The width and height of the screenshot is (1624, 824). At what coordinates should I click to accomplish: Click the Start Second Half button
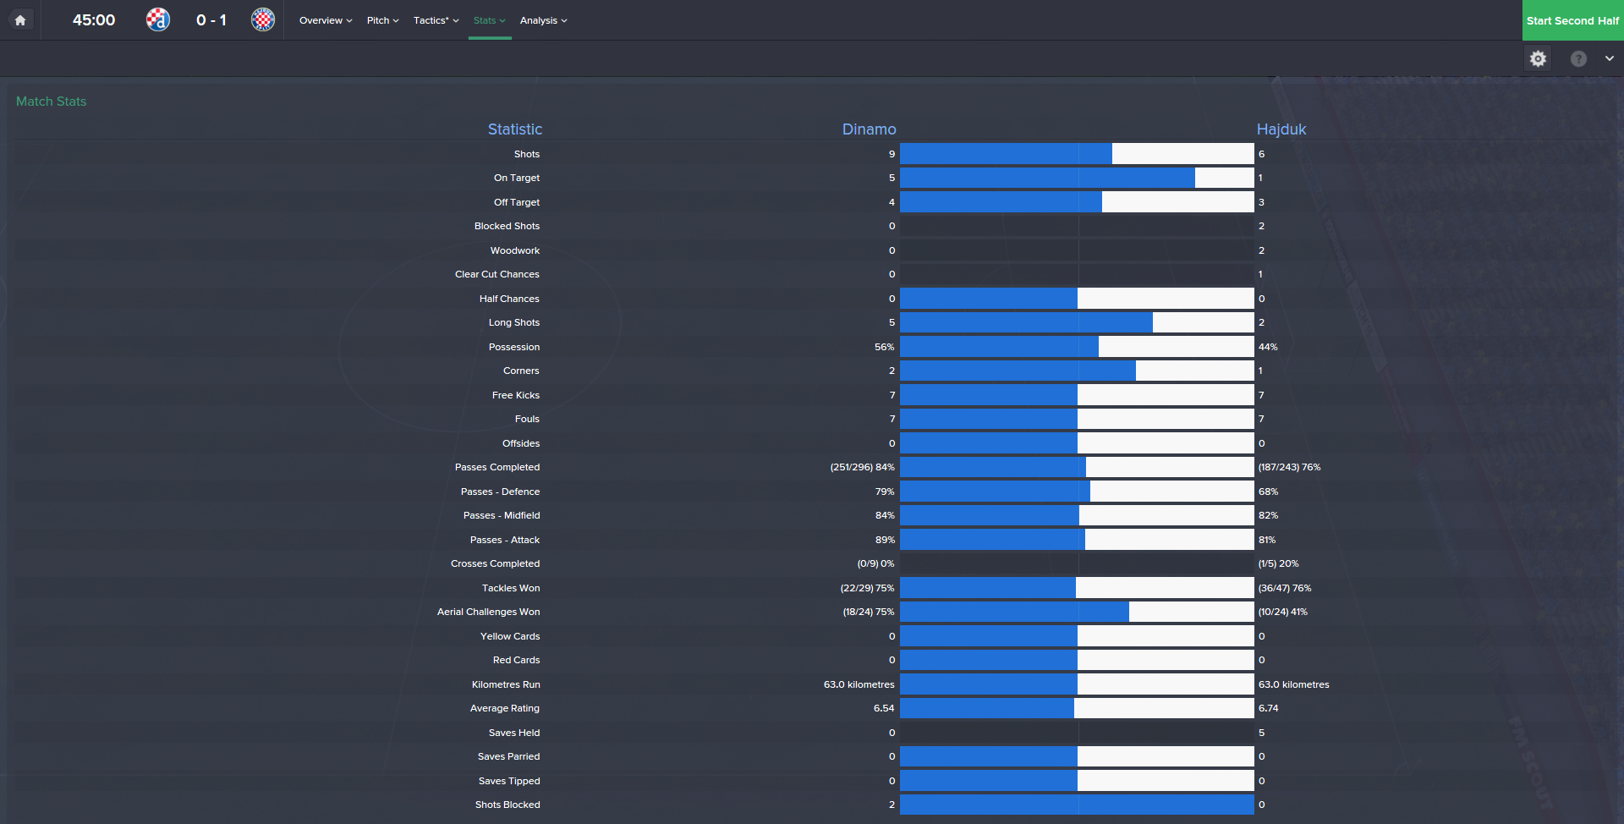(1572, 20)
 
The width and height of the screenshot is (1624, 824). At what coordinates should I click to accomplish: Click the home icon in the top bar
(20, 20)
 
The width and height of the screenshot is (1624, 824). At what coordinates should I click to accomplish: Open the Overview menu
(326, 20)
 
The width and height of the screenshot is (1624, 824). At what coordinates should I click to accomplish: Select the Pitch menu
(382, 20)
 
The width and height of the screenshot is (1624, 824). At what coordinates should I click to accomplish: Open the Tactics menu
(436, 20)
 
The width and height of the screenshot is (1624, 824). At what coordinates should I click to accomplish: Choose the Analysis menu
(543, 20)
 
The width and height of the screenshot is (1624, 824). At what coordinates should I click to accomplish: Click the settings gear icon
(1538, 58)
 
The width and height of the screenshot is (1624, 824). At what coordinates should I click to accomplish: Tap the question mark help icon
(1578, 58)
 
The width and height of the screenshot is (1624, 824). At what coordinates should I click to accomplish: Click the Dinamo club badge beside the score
(158, 19)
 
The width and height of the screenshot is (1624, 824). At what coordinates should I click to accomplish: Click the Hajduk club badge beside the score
(263, 19)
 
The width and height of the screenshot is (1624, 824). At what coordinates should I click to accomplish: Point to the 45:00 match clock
(94, 20)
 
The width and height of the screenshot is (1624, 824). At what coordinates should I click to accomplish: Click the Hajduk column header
(1281, 129)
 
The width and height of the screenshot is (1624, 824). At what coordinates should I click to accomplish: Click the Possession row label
(513, 347)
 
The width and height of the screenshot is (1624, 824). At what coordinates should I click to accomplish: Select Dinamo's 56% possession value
(884, 347)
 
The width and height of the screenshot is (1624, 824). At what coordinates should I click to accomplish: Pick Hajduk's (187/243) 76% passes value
(1289, 467)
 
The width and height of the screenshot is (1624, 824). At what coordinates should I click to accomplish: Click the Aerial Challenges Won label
(488, 612)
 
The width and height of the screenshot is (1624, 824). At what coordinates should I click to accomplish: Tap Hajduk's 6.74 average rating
(1268, 708)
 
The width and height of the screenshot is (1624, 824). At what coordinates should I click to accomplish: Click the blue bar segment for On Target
(1047, 178)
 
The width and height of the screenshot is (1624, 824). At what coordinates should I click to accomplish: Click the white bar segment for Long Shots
(1203, 322)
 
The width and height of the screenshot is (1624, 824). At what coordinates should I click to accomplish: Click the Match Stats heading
(52, 102)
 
